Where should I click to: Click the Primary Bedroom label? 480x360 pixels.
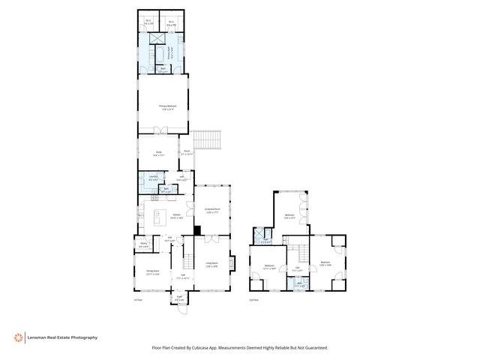tap(167, 107)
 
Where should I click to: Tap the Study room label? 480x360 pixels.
tap(159, 154)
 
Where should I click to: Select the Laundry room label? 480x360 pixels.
tap(152, 178)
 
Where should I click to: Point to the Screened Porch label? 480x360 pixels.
tap(212, 210)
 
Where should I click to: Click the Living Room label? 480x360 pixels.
tap(211, 264)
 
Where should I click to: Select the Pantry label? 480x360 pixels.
tap(143, 244)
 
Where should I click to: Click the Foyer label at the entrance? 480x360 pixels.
tap(180, 299)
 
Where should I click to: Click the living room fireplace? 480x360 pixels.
tap(232, 265)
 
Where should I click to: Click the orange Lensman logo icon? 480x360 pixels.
tap(17, 337)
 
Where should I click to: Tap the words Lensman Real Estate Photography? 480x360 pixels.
tap(63, 337)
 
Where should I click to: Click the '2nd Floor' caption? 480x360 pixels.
tap(253, 300)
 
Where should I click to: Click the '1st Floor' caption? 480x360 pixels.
tap(137, 300)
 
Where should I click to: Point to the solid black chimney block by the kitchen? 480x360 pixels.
tap(197, 230)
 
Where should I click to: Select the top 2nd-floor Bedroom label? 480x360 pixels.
tap(289, 217)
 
